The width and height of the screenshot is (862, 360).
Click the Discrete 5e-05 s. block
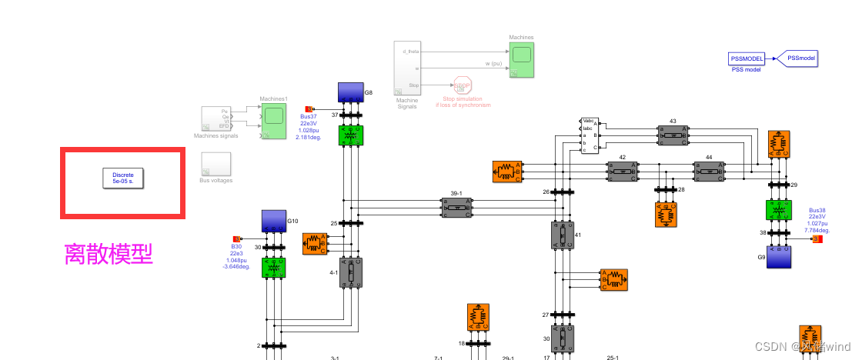click(123, 178)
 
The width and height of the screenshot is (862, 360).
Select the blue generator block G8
click(350, 93)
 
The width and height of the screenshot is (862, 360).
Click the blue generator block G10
click(273, 222)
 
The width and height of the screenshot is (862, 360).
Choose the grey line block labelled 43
click(673, 135)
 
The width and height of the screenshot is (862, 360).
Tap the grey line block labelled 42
click(622, 171)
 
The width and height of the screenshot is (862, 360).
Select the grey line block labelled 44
click(709, 171)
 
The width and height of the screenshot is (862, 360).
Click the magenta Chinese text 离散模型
click(109, 254)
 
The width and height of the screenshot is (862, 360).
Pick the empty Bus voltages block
click(215, 164)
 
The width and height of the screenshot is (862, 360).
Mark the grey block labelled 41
click(562, 235)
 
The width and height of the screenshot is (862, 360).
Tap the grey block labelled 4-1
click(350, 272)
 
